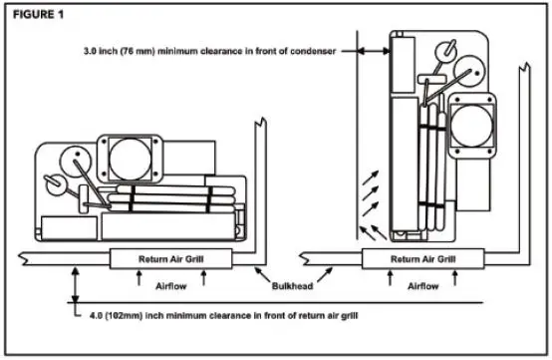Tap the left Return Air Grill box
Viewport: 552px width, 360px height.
click(x=170, y=258)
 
